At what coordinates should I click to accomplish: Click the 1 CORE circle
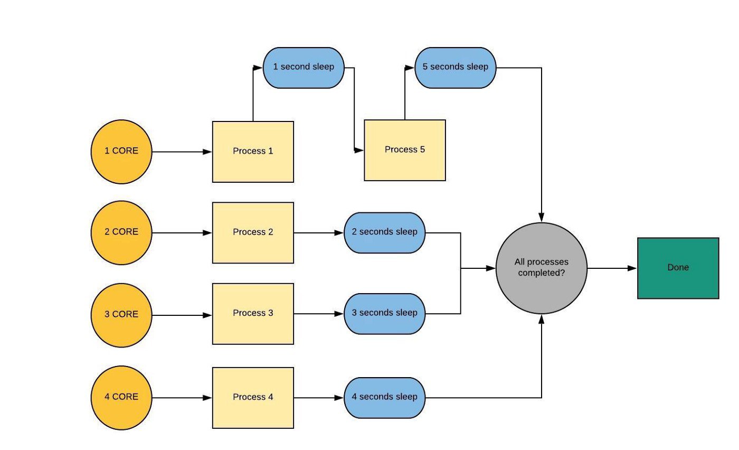pos(121,152)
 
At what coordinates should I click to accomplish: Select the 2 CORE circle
pos(121,233)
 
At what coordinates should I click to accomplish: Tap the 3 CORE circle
pos(121,315)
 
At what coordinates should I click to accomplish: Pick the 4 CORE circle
pos(121,398)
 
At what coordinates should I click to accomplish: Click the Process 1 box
pos(253,152)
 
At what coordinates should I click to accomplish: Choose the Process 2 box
pos(253,233)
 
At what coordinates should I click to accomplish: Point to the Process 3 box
pos(253,314)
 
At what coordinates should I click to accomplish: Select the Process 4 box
pos(253,398)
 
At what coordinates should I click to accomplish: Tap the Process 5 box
pos(405,150)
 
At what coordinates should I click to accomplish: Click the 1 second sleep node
pos(304,68)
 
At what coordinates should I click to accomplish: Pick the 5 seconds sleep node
pos(455,68)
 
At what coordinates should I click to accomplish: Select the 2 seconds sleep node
pos(385,233)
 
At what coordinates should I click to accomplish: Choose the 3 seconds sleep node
pos(385,314)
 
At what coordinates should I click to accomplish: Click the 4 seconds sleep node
pos(385,398)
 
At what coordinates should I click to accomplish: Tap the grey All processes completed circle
pos(542,268)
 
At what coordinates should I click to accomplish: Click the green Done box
pos(678,268)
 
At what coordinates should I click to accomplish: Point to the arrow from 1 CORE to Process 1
pos(182,152)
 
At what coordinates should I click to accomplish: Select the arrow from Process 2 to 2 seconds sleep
pos(319,233)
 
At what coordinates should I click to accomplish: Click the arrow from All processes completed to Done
pos(612,268)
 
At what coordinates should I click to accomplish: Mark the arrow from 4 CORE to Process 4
pos(182,398)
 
